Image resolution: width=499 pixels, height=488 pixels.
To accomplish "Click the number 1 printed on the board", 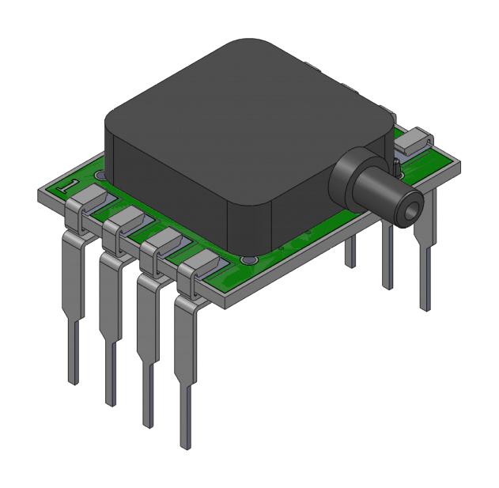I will click(x=70, y=187).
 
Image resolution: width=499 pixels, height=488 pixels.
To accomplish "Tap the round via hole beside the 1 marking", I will click(x=99, y=176).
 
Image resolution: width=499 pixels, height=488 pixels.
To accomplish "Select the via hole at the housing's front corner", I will click(x=248, y=259).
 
